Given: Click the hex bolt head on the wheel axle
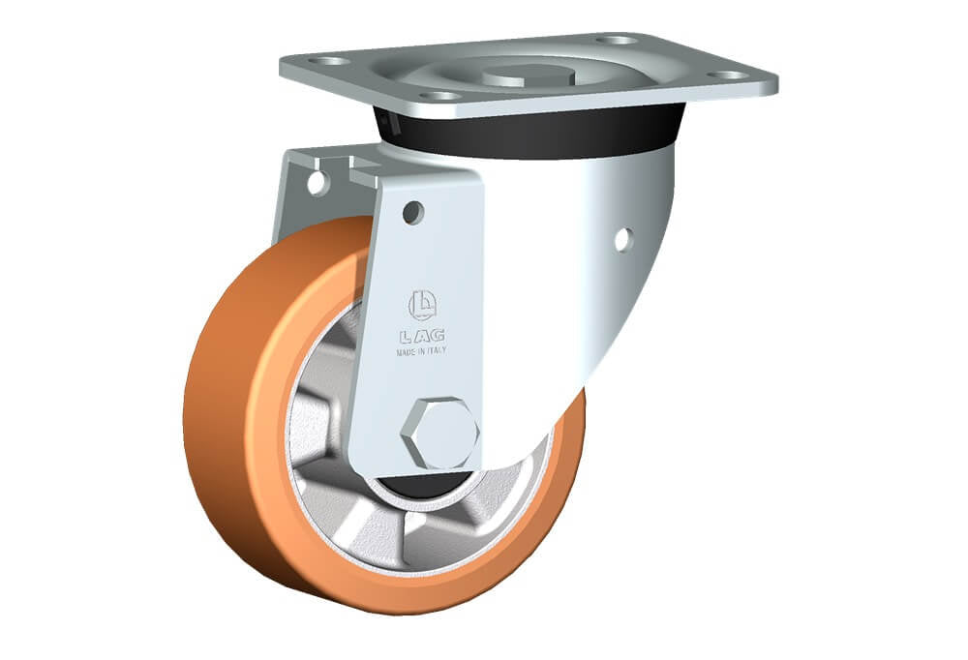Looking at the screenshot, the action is point(439,433).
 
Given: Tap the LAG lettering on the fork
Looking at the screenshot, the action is point(422,336).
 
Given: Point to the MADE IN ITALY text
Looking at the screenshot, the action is point(422,351).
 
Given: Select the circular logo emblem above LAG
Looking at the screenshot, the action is point(422,306).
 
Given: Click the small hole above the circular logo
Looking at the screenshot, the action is point(413,212).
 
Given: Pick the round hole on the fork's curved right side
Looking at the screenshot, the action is point(623,240).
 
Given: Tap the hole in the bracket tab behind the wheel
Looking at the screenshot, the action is point(318,184).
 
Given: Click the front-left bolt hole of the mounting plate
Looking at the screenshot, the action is point(439,96).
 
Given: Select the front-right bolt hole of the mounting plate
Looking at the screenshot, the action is point(728,75).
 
